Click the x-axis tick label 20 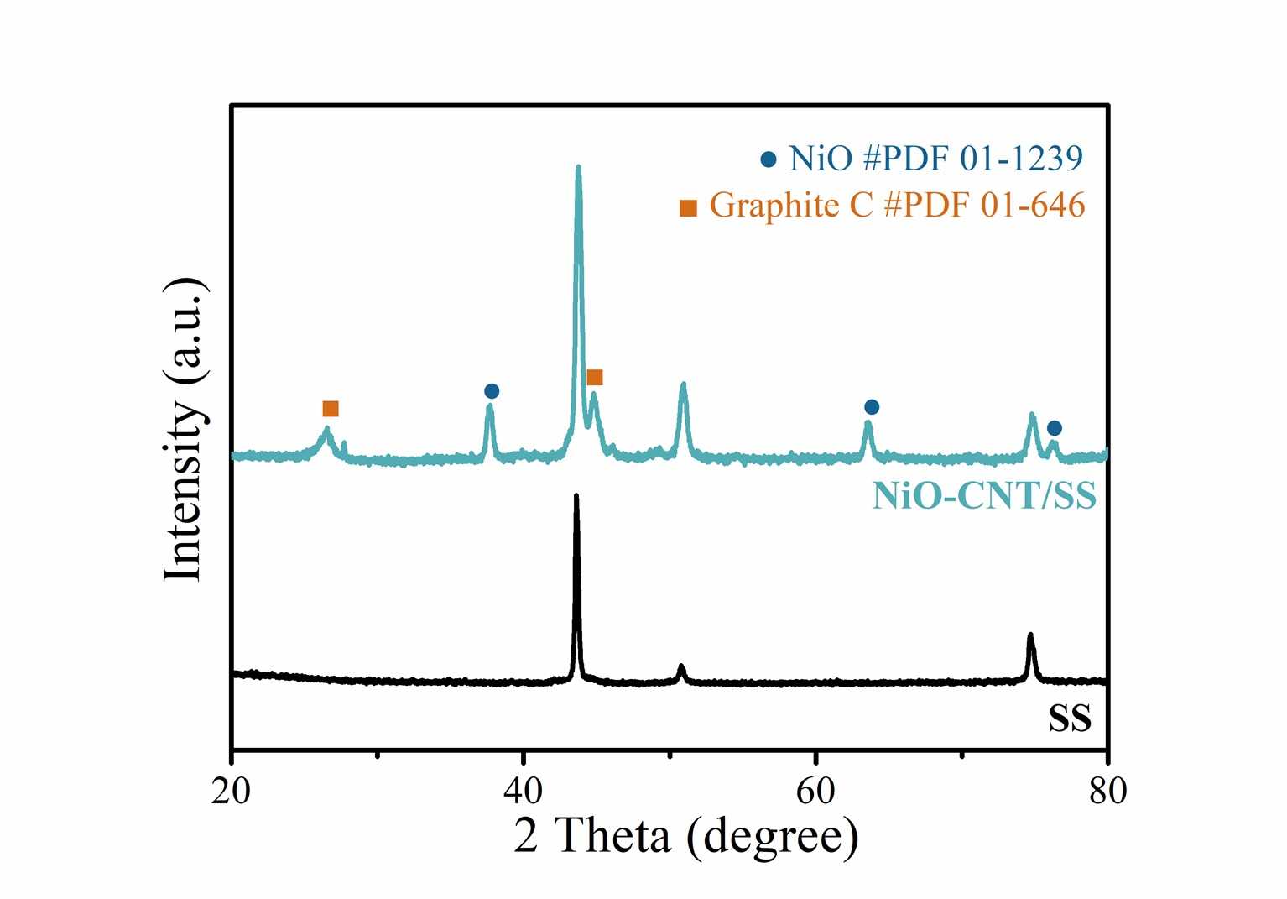click(x=231, y=791)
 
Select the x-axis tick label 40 click(x=523, y=791)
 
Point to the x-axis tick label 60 click(x=815, y=791)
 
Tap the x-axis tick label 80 click(x=1107, y=791)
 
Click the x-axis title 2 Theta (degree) click(x=686, y=836)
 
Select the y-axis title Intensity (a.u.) click(x=184, y=428)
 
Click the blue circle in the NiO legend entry click(x=769, y=159)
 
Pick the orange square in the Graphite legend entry click(x=688, y=207)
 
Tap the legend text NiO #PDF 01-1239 click(x=936, y=158)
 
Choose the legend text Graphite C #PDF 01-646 click(x=897, y=205)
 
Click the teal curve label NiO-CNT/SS click(x=983, y=496)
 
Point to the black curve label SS click(x=1070, y=719)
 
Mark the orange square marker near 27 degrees click(x=331, y=409)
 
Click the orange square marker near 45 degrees click(x=595, y=377)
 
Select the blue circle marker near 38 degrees click(x=492, y=391)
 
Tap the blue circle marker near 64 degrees click(x=872, y=407)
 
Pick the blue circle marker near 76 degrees click(x=1055, y=428)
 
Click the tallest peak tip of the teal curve click(x=578, y=168)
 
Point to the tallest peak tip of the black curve click(x=576, y=496)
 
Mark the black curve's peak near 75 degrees click(x=1030, y=635)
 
